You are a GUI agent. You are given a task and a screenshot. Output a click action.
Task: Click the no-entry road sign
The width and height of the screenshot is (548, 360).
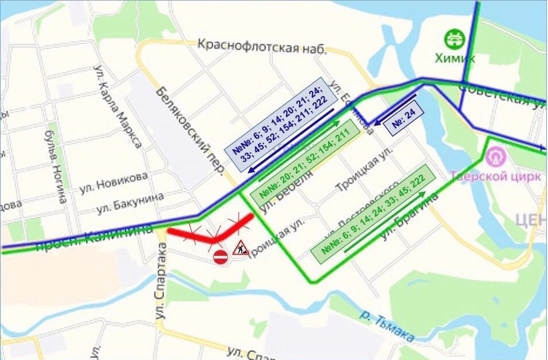[x=220, y=257]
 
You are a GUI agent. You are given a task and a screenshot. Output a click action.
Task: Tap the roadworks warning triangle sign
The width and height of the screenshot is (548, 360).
[x=239, y=248]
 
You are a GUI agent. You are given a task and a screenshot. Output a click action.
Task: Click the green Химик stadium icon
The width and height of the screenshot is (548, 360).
[x=454, y=39]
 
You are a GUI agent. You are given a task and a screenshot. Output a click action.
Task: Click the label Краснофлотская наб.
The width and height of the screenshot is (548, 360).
[x=261, y=46]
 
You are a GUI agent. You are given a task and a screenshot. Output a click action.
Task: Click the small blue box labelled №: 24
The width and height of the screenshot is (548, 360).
[x=404, y=120]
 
